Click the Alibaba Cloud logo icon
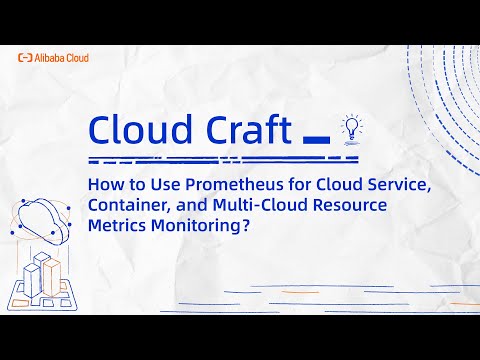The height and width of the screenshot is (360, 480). pyautogui.click(x=24, y=58)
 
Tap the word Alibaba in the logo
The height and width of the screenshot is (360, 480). pyautogui.click(x=48, y=58)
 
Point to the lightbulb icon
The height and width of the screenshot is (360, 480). pyautogui.click(x=350, y=127)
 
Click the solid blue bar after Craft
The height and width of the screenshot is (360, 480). pyautogui.click(x=315, y=137)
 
